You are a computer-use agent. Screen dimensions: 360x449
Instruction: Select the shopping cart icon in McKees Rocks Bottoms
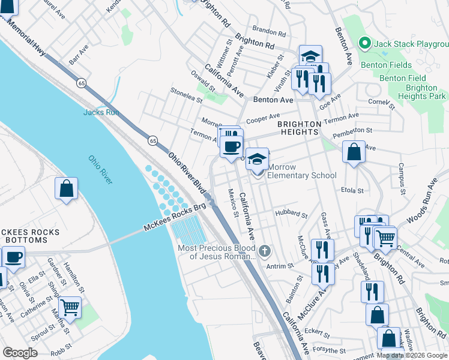coord(70,307)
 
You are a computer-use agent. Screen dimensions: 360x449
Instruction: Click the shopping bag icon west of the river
coord(66,188)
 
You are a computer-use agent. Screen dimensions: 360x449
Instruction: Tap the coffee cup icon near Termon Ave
coord(231,146)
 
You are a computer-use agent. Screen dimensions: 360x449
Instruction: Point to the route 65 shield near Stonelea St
coord(153,140)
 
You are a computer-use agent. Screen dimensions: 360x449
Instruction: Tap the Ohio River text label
coord(101,170)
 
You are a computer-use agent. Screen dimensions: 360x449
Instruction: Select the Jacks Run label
coord(101,112)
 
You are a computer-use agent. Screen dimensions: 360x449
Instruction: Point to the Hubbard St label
coord(291,214)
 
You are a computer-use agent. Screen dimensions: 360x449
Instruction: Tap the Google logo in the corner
coord(21,353)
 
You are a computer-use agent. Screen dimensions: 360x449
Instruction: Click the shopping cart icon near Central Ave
coord(385,238)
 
